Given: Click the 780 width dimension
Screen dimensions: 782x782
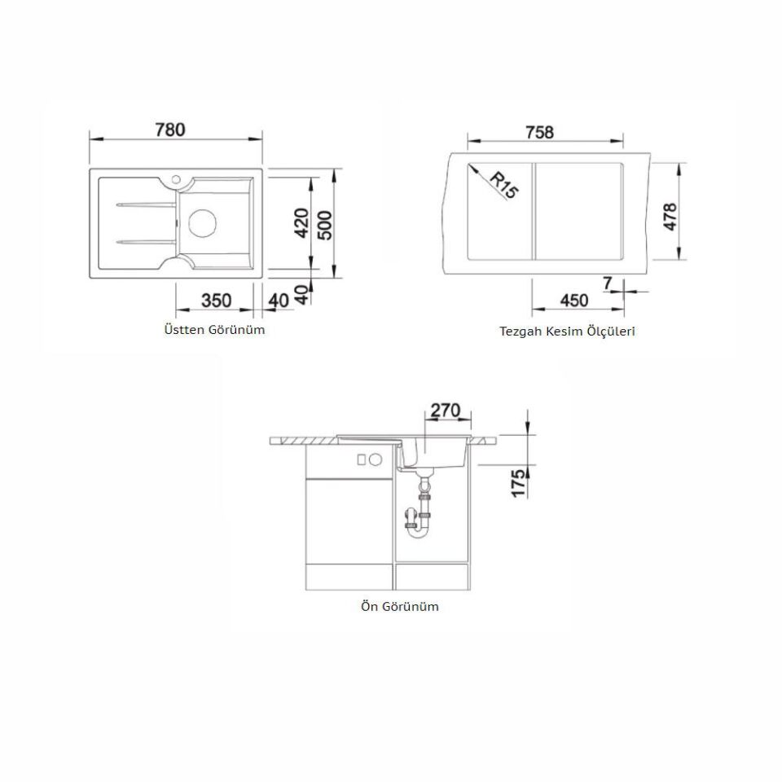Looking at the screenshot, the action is pos(170,130).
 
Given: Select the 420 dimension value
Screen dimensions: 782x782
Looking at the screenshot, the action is pos(301,223).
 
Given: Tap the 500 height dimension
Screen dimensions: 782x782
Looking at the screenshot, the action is pos(325,225).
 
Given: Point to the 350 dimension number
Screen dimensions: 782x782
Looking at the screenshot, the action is pos(217,301).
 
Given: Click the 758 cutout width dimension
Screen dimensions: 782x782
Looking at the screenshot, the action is pos(539,132).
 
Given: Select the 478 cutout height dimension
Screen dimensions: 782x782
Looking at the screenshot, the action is pos(670,217).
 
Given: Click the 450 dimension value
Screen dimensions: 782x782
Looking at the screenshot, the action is pos(574,301).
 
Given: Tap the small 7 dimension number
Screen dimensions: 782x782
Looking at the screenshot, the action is pos(607,283).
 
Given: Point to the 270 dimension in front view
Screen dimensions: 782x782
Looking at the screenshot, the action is pos(445,410).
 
